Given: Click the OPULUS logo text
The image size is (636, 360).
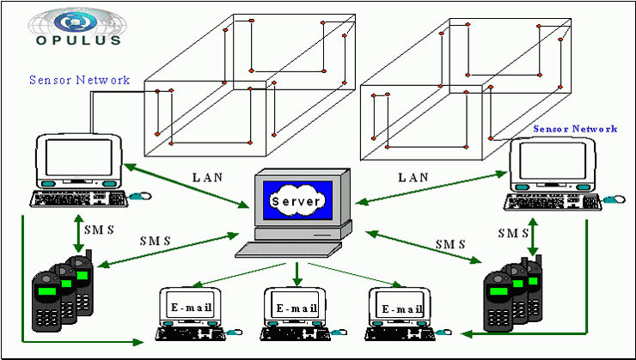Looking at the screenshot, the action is point(78,40).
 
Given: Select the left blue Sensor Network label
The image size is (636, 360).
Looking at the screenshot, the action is point(79,80).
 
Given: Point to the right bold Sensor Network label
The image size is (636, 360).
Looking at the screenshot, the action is point(575,129).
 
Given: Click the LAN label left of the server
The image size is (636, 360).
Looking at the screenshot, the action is point(207,178).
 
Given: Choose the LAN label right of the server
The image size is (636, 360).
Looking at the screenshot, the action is point(413,178).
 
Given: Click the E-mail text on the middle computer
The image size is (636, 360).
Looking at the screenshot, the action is point(297,308).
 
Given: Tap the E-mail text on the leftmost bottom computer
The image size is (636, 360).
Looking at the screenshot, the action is point(192,307).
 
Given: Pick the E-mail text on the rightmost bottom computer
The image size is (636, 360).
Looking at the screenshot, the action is point(402,310).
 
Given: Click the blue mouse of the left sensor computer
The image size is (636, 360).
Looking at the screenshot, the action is point(140,196).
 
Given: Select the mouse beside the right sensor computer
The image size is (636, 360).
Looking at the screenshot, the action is point(615,199).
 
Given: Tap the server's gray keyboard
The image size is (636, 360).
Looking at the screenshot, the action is point(289,249).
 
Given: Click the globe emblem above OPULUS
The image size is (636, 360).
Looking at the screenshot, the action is point(77,21).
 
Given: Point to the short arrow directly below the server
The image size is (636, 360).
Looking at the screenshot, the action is point(297,273).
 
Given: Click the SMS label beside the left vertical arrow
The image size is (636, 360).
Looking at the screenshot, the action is point(99,230).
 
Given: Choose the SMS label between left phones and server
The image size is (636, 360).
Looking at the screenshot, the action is point(156,241).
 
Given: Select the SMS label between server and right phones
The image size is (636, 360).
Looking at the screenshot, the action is point(450,245).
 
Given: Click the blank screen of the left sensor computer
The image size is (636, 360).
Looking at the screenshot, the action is point(79,157).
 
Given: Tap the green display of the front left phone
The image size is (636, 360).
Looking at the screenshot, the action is point(47,290).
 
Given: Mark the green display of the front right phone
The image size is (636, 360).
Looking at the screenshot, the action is point(498,290).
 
